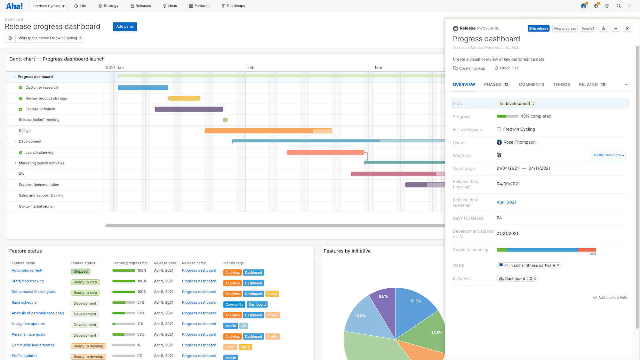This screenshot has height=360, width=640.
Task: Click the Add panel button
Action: (x=125, y=27)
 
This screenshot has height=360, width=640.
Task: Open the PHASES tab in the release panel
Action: (x=492, y=84)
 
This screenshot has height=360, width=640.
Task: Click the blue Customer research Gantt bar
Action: (x=143, y=88)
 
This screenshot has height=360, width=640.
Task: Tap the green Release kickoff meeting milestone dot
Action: (x=225, y=120)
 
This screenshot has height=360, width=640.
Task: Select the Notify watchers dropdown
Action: (x=609, y=155)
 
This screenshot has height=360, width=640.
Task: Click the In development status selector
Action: (x=516, y=104)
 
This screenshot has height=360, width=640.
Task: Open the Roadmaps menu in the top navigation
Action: (x=233, y=6)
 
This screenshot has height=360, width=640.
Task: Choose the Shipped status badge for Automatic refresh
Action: (x=81, y=271)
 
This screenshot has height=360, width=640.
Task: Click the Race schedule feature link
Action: (x=24, y=302)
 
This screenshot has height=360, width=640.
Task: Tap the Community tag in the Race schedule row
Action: (x=234, y=305)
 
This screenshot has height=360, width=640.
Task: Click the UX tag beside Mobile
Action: (x=244, y=326)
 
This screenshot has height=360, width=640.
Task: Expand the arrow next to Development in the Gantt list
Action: (x=15, y=141)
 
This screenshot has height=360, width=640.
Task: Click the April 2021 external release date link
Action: (x=506, y=202)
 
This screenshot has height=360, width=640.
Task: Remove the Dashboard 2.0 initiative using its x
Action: (x=535, y=279)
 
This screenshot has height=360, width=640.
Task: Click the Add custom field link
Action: (x=610, y=297)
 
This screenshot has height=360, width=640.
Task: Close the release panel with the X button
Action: (x=627, y=28)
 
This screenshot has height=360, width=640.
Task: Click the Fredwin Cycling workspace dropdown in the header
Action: (x=49, y=6)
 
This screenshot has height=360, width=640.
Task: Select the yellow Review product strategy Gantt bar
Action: (x=184, y=99)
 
